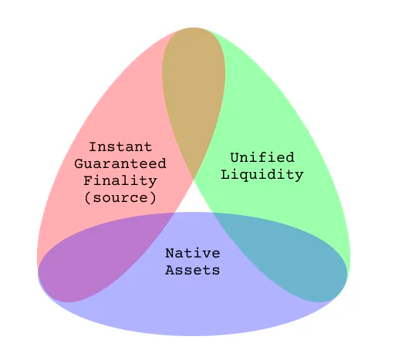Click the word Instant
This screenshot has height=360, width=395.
(120, 147)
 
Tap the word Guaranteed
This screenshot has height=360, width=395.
(120, 164)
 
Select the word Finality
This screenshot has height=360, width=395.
(120, 180)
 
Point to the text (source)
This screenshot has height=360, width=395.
(120, 197)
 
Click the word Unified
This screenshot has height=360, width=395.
(262, 157)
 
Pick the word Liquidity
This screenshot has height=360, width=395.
(262, 175)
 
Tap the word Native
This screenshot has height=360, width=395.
(193, 254)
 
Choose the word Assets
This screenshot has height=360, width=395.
(193, 270)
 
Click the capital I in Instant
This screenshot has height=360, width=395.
(93, 147)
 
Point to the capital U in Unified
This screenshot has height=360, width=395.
(235, 157)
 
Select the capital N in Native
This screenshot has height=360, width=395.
(170, 254)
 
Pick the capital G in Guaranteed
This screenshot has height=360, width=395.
(79, 164)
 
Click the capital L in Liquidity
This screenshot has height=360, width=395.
(225, 175)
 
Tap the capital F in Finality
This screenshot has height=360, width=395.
(88, 180)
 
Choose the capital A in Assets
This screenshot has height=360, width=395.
(170, 270)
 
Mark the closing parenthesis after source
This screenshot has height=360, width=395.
(153, 198)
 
